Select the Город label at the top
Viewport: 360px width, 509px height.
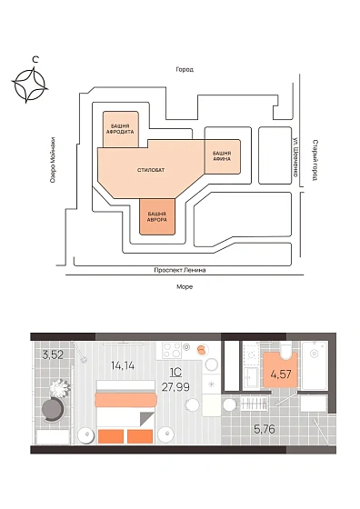[185, 69]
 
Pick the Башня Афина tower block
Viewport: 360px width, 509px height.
[222, 155]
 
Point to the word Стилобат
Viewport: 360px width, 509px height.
[151, 170]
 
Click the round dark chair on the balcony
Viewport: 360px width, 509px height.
[54, 410]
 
